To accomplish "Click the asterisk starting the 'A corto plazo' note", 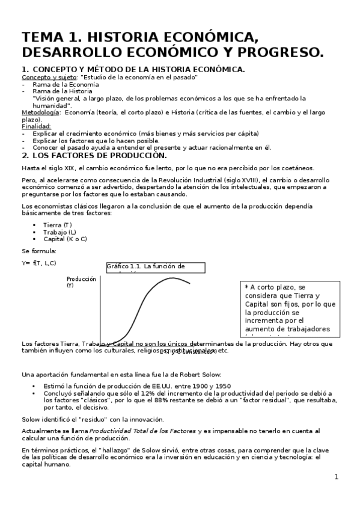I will pos(246,288).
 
